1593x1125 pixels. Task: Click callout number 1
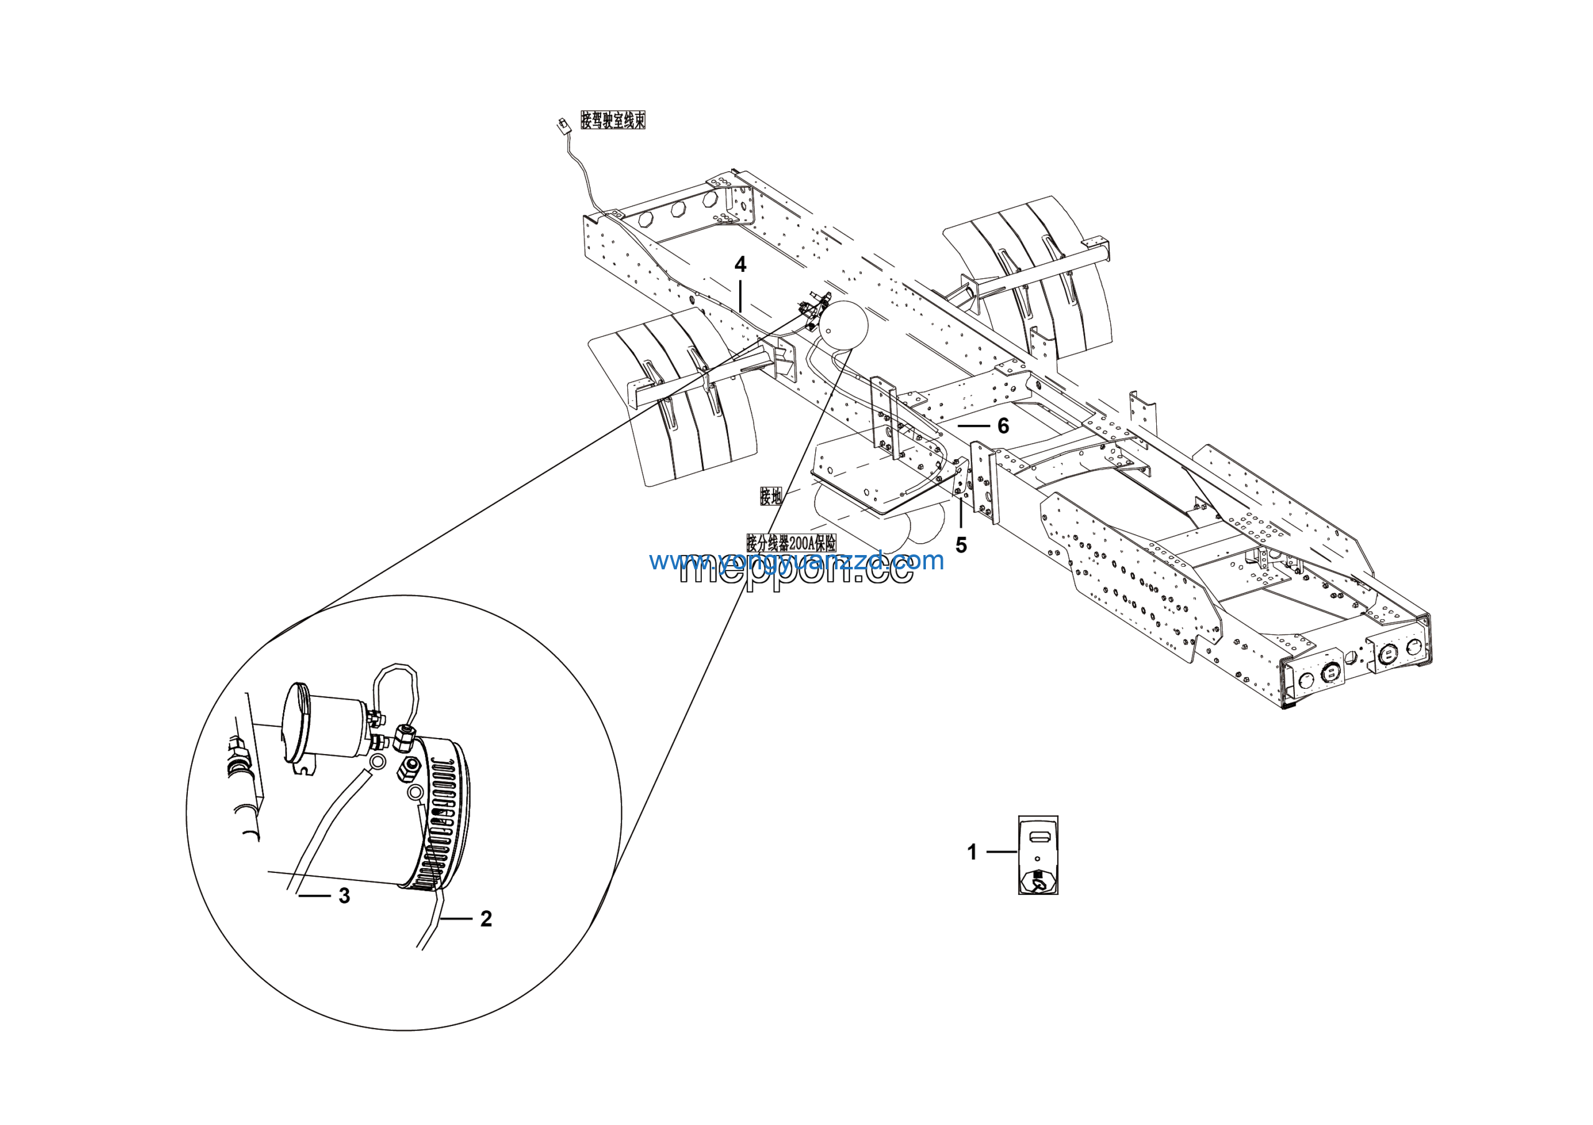click(x=971, y=852)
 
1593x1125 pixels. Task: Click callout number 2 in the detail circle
click(x=485, y=919)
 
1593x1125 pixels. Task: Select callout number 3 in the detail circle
click(x=344, y=896)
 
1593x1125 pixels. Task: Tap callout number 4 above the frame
click(x=740, y=265)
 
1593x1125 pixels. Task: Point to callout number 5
click(x=961, y=545)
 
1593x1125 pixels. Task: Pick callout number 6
click(x=1002, y=426)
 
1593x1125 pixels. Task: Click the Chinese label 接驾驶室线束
click(x=613, y=120)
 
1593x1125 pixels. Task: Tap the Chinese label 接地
click(x=771, y=496)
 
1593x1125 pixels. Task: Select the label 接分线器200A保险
click(x=791, y=543)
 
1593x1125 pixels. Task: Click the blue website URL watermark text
click(x=796, y=561)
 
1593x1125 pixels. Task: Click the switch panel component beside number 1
click(x=1038, y=854)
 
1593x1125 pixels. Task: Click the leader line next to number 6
click(x=973, y=424)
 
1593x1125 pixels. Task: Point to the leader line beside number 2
click(x=456, y=919)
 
